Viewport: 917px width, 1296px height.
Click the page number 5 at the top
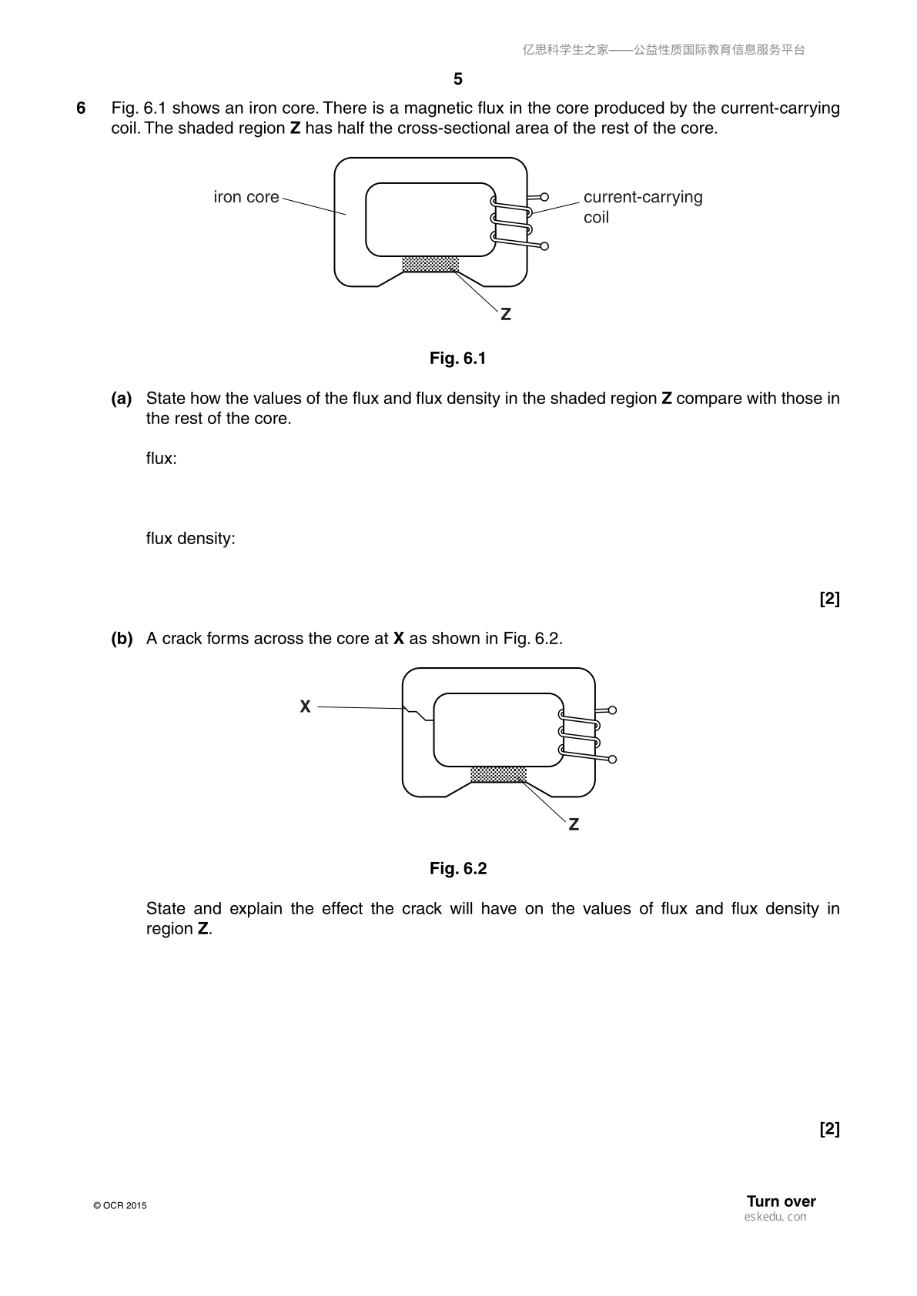[x=458, y=78]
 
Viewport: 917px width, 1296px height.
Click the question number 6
[x=81, y=109]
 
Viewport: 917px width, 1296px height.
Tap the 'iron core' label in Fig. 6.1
[x=246, y=197]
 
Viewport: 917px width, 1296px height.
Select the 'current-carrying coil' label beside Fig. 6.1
[x=643, y=207]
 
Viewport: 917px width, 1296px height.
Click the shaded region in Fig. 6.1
[x=430, y=265]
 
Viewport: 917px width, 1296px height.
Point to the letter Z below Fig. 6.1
[x=505, y=314]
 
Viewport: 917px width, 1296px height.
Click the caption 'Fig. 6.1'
[x=458, y=359]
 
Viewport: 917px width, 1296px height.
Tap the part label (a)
[x=122, y=399]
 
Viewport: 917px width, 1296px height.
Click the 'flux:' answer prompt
[x=161, y=459]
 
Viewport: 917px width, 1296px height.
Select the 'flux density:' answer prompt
[x=190, y=539]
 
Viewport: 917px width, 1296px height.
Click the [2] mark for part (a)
[x=829, y=599]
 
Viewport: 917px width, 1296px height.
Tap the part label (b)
[x=122, y=639]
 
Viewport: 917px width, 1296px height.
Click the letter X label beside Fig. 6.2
[x=305, y=706]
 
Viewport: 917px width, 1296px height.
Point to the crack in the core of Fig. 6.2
[x=418, y=713]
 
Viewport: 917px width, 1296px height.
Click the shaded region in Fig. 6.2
[x=498, y=775]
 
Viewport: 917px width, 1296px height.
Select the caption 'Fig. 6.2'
[x=458, y=869]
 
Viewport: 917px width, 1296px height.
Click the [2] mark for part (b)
[x=829, y=1129]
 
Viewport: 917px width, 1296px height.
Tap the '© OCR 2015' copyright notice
[x=120, y=1206]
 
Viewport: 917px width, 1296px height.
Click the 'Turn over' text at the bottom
[x=781, y=1201]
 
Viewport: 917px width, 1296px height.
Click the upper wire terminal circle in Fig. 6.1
[x=544, y=197]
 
